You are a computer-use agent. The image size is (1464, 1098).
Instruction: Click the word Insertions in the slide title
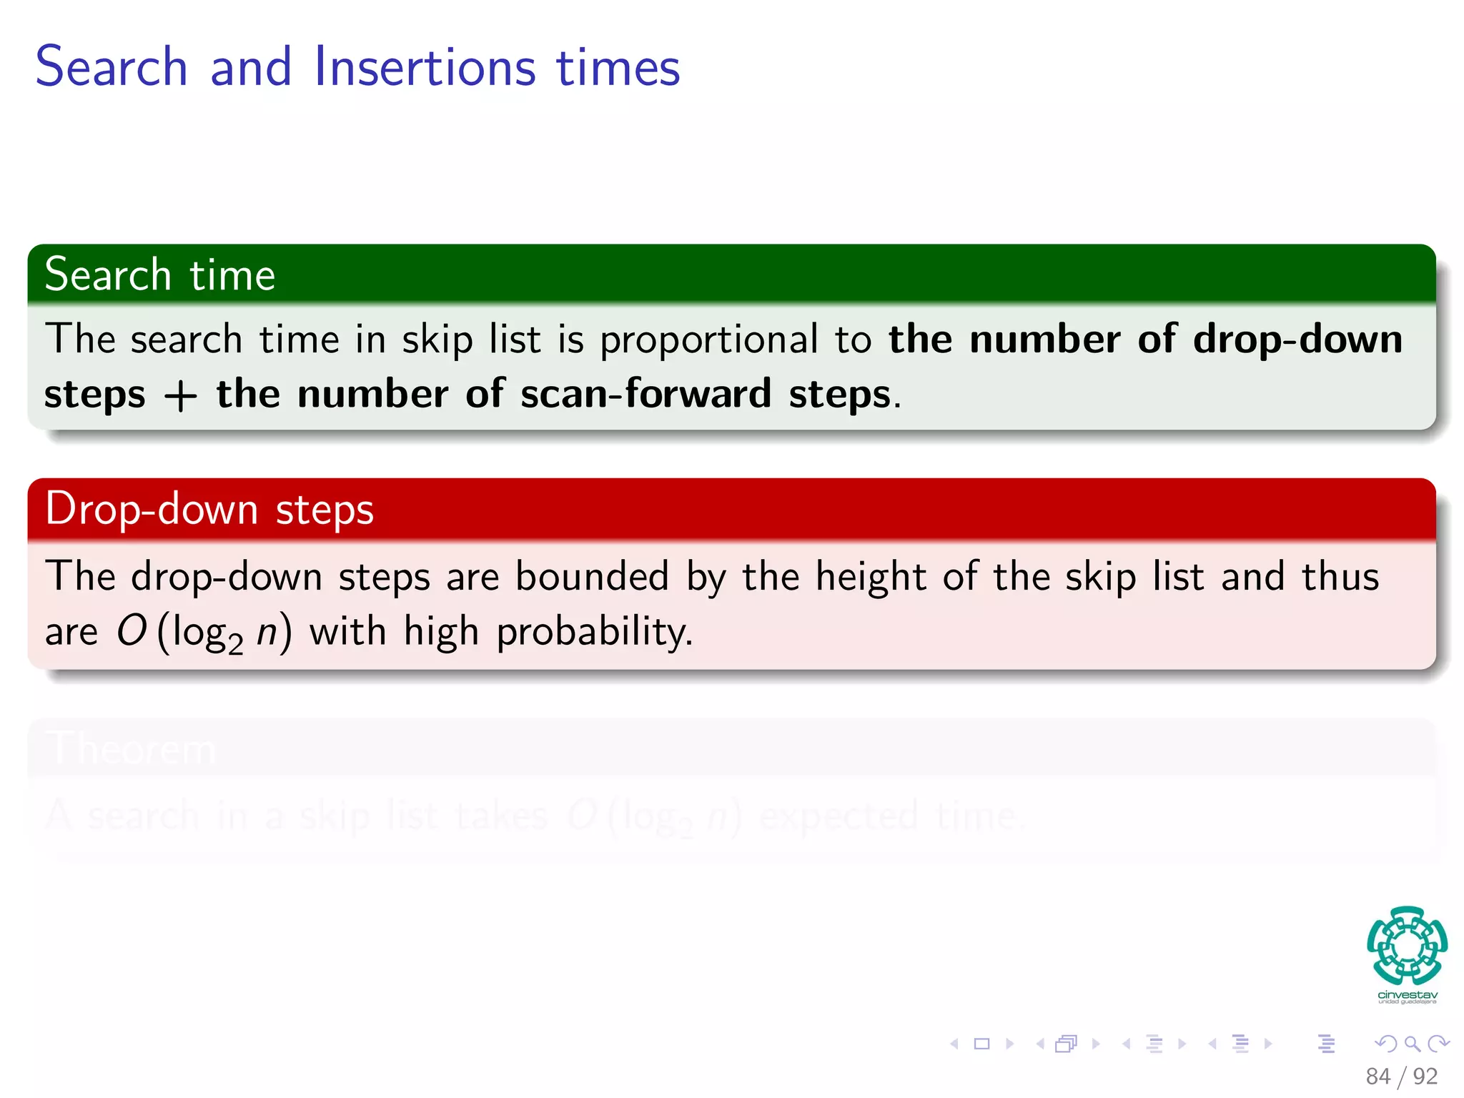coord(425,67)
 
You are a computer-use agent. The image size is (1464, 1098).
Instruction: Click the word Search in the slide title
coord(112,67)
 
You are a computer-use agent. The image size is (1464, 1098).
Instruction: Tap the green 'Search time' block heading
coord(160,275)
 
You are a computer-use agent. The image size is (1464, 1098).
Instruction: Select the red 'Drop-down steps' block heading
coord(209,510)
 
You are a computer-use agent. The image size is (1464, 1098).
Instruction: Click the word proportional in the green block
coord(708,340)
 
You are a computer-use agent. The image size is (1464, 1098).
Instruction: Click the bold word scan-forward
coord(646,394)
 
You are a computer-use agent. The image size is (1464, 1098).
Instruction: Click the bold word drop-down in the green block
coord(1297,339)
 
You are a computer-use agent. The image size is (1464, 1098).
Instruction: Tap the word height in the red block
coord(870,576)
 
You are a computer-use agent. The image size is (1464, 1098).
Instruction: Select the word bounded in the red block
coord(592,576)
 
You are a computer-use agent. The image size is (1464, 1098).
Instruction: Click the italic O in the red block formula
coord(132,631)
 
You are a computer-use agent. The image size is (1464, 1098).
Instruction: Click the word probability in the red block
coord(594,633)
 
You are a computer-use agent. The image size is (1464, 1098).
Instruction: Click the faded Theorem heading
coord(132,749)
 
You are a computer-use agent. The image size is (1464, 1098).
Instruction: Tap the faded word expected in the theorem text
coord(838,816)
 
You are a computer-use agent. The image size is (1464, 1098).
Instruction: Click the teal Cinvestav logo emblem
coord(1407,945)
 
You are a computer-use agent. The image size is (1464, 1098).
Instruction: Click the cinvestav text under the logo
coord(1407,994)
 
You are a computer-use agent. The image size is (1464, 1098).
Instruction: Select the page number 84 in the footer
coord(1378,1076)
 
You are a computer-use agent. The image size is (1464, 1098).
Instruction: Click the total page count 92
coord(1425,1076)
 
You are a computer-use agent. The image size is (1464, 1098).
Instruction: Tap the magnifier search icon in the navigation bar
coord(1412,1044)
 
